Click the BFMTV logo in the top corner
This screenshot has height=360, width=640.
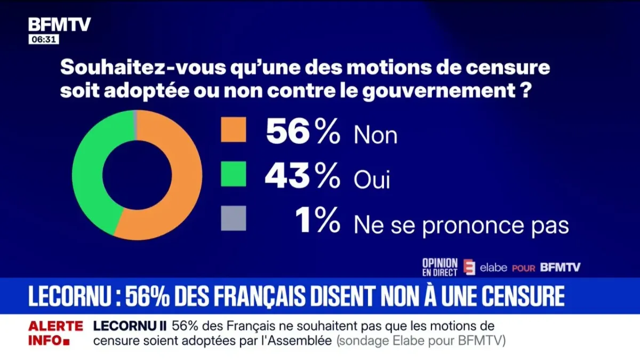[59, 25]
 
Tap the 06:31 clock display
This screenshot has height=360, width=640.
[44, 40]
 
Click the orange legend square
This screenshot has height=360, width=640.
[234, 130]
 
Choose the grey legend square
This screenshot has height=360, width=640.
[234, 218]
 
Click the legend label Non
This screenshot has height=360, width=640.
[375, 136]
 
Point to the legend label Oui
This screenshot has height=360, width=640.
[372, 180]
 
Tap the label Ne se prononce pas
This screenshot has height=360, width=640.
[461, 226]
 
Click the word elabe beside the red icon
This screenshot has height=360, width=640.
[493, 268]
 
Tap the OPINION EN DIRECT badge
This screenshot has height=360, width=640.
[439, 267]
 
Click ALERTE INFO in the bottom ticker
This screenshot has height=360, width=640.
[55, 332]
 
